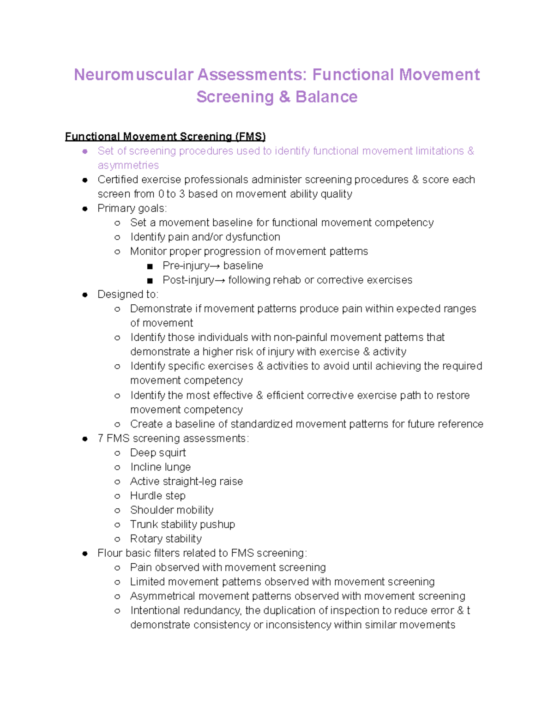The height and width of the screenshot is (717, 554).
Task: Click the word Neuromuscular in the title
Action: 133,75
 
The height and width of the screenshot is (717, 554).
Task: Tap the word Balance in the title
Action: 326,97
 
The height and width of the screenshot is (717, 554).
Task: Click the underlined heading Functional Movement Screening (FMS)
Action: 165,137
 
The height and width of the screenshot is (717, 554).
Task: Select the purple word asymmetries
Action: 128,165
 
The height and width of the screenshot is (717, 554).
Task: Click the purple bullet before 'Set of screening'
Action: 85,151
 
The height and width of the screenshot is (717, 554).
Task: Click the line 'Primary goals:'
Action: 132,208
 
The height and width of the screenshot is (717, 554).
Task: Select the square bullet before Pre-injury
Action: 150,266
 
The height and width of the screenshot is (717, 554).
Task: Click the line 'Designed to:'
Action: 128,295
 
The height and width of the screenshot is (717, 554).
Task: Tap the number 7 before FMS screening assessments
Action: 100,438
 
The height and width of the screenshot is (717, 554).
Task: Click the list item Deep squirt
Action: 158,452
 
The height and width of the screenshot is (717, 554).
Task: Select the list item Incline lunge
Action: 160,467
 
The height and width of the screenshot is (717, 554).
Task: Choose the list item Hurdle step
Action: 157,495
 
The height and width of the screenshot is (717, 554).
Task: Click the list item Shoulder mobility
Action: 172,510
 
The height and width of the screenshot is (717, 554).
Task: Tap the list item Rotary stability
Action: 166,538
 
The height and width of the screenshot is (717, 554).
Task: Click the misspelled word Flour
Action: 109,553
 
